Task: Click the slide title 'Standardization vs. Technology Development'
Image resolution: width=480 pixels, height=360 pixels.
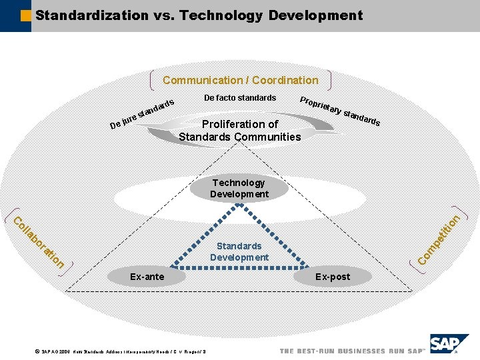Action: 199,15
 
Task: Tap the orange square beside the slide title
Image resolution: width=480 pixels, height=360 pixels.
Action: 26,15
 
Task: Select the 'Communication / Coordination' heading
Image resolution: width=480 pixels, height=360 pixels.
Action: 240,80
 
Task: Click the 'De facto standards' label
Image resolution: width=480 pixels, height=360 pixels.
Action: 240,98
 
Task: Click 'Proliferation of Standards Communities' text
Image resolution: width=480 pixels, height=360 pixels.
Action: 240,131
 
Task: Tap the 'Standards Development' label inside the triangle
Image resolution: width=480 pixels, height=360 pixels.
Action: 239,252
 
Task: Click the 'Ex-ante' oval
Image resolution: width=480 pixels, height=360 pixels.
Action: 147,277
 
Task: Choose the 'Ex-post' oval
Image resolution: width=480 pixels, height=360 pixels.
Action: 332,277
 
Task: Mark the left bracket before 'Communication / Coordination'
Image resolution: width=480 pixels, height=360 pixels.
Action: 155,80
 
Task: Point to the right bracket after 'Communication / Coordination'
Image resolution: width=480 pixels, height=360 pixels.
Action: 327,80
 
